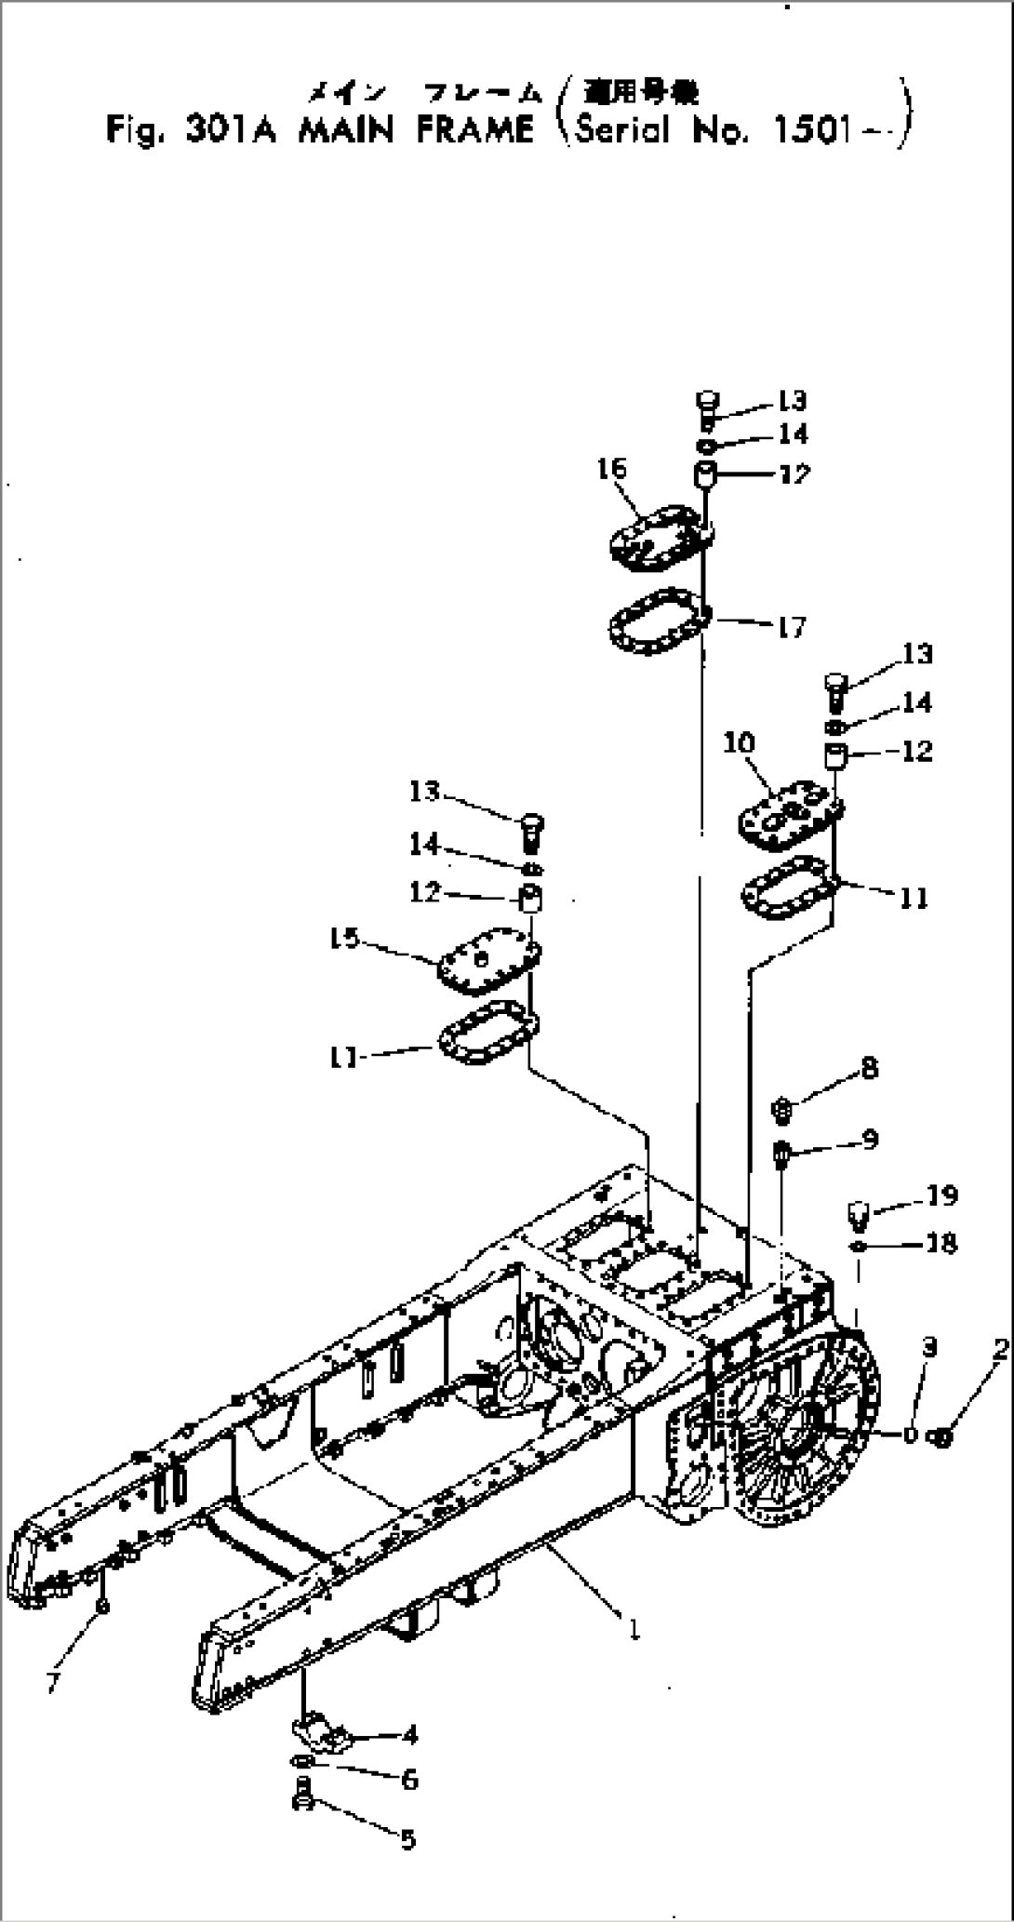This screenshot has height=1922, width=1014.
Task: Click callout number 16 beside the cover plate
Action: [x=612, y=468]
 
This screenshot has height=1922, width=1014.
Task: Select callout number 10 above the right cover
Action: [x=740, y=742]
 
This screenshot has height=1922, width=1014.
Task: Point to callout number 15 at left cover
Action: [x=344, y=939]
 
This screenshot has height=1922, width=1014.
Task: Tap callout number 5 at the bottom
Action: [x=407, y=1839]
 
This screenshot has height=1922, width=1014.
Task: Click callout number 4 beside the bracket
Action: [x=409, y=1735]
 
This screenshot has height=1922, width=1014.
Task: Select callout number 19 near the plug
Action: [x=941, y=1195]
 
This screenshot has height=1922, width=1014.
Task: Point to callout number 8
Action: [x=869, y=1068]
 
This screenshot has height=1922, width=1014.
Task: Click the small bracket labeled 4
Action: [x=321, y=1733]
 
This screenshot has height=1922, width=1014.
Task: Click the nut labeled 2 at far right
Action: [x=941, y=1437]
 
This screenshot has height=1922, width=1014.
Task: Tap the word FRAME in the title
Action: [x=474, y=130]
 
